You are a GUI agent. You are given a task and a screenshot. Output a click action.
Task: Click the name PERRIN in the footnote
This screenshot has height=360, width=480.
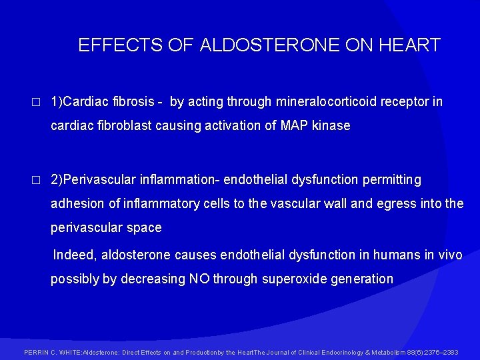tap(35, 352)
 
